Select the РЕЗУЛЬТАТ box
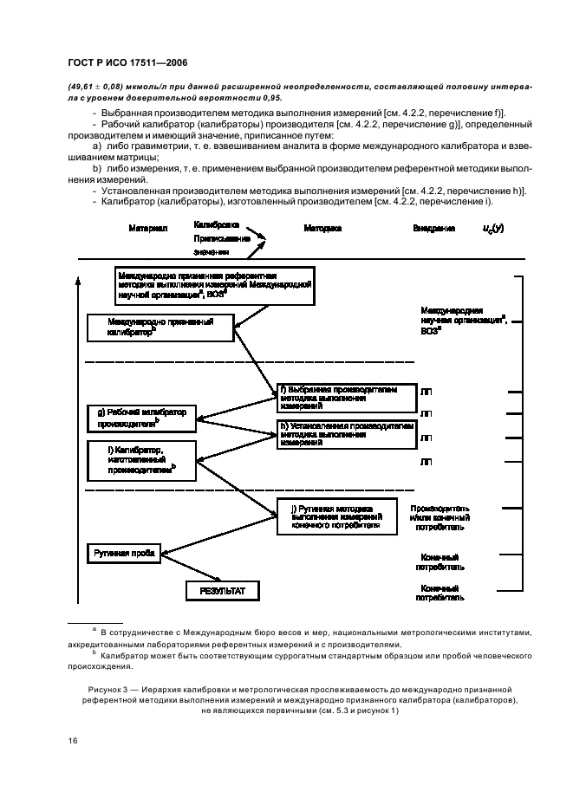pos(223,591)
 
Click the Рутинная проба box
pos(125,551)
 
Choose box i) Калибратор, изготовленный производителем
pos(142,459)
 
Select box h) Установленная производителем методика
pos(344,433)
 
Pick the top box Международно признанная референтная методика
pos(215,285)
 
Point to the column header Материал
pos(147,228)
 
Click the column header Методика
pos(322,228)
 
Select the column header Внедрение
pos(433,228)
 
